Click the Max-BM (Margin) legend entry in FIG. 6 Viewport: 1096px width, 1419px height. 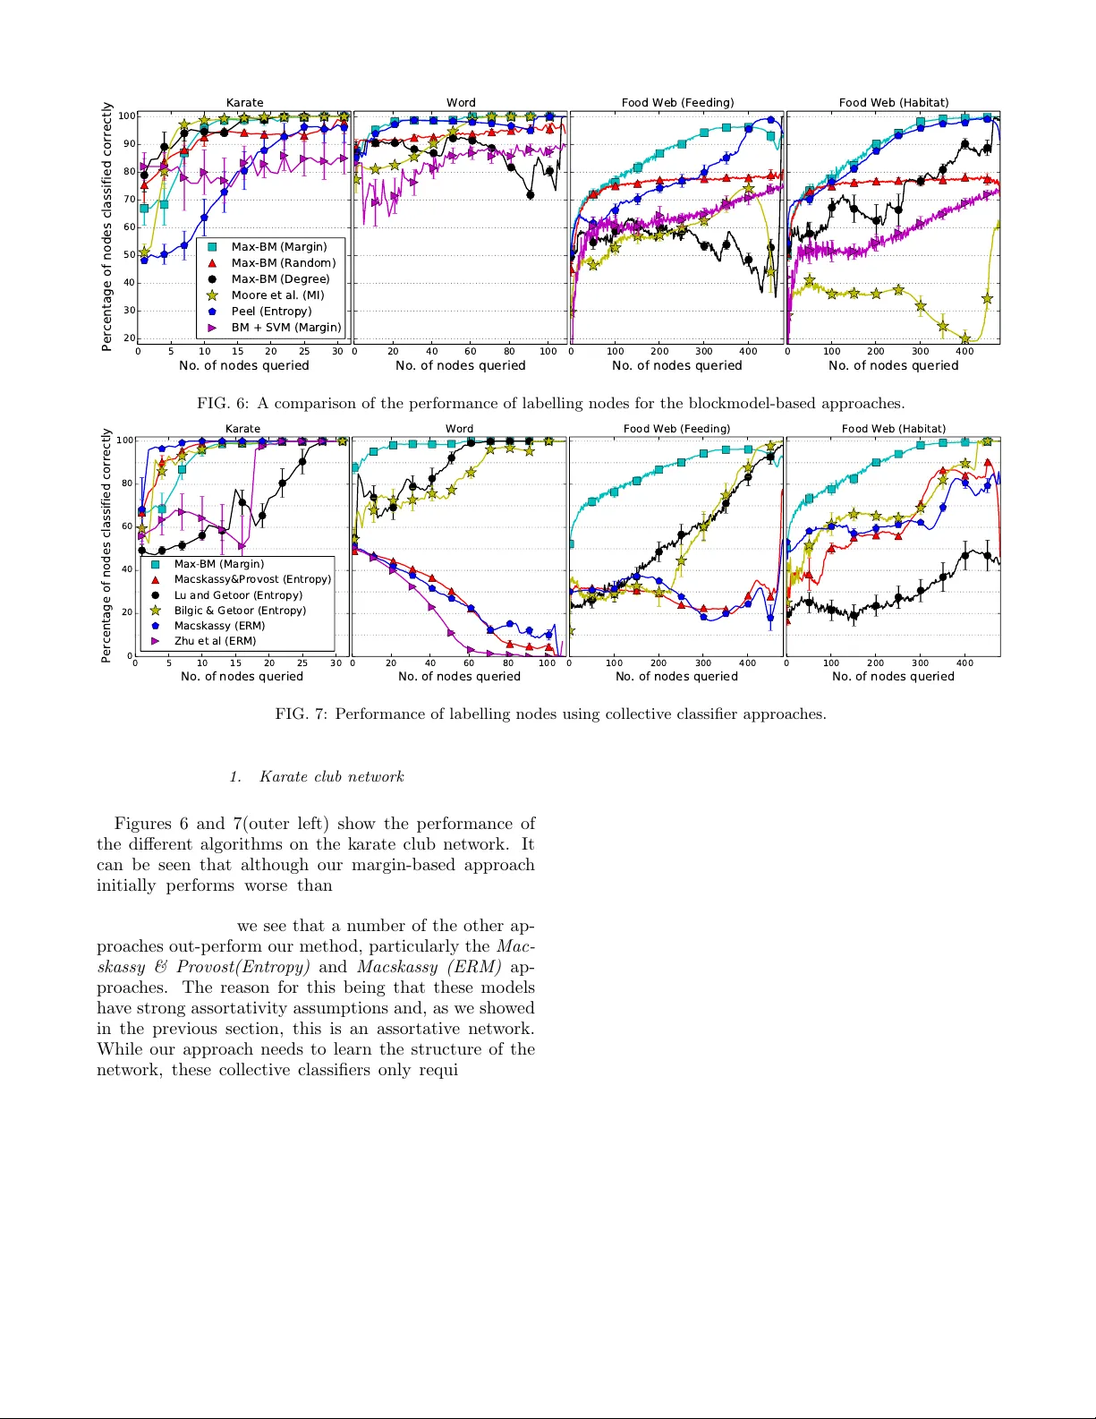point(278,247)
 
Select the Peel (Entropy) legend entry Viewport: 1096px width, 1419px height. point(271,312)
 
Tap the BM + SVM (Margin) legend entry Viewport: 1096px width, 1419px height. point(285,328)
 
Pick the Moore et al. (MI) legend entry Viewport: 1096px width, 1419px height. point(277,295)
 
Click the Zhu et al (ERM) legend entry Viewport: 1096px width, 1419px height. point(215,641)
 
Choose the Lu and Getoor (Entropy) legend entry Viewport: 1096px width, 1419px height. point(238,595)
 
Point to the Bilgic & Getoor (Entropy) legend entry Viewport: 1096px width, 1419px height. point(240,611)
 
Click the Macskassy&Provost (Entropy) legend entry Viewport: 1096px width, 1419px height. point(252,579)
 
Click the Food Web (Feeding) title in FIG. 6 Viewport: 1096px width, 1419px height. point(677,103)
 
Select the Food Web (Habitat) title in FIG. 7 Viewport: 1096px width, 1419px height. point(893,429)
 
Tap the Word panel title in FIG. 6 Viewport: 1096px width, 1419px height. point(461,103)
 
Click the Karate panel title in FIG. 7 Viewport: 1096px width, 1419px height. point(242,429)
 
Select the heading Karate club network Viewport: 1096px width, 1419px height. point(331,777)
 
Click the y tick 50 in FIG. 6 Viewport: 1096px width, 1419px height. point(129,255)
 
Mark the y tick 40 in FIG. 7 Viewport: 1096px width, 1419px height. point(127,569)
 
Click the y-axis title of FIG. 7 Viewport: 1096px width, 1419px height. point(106,545)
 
